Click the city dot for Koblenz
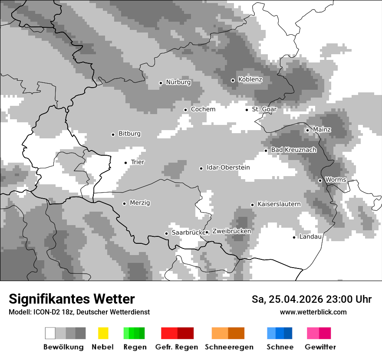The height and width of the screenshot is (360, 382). [233, 80]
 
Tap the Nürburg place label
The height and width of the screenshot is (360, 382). [178, 82]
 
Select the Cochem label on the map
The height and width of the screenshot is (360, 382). [203, 109]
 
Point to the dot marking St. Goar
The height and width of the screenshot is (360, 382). [247, 110]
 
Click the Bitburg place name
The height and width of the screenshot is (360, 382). [129, 134]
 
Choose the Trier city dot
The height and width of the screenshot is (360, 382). [126, 163]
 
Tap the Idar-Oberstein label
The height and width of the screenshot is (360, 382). [228, 167]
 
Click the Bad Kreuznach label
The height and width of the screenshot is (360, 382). [293, 150]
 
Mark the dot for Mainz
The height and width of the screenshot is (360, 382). [307, 130]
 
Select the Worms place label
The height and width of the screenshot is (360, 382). [336, 180]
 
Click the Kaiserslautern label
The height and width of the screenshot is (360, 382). [279, 204]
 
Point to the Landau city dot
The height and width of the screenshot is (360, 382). [294, 237]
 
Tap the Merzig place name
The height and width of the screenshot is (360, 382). [140, 203]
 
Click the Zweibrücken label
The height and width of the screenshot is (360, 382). [231, 232]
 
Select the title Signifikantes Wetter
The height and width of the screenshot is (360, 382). [72, 299]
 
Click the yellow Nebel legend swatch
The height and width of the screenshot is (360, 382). [103, 333]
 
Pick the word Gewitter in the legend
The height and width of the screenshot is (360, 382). [320, 347]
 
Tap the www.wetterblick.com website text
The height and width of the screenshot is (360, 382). [313, 312]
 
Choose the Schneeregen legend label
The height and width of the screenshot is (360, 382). [229, 347]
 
